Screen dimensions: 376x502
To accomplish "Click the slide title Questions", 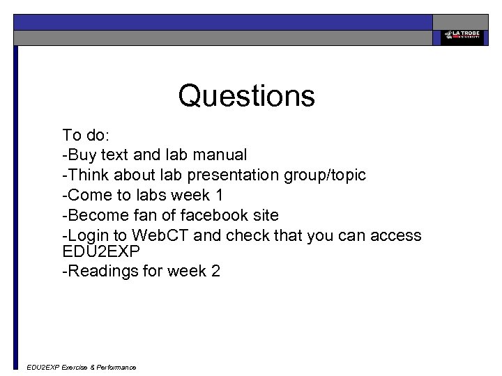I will click(246, 95).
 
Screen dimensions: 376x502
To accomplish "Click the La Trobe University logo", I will click(461, 37).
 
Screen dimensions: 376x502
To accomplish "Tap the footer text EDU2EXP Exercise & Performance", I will click(81, 367).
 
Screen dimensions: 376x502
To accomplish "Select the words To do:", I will click(81, 134).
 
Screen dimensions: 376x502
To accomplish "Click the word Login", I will click(88, 235).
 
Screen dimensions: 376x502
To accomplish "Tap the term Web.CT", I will click(162, 235).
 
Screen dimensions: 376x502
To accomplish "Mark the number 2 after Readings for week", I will click(215, 271).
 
